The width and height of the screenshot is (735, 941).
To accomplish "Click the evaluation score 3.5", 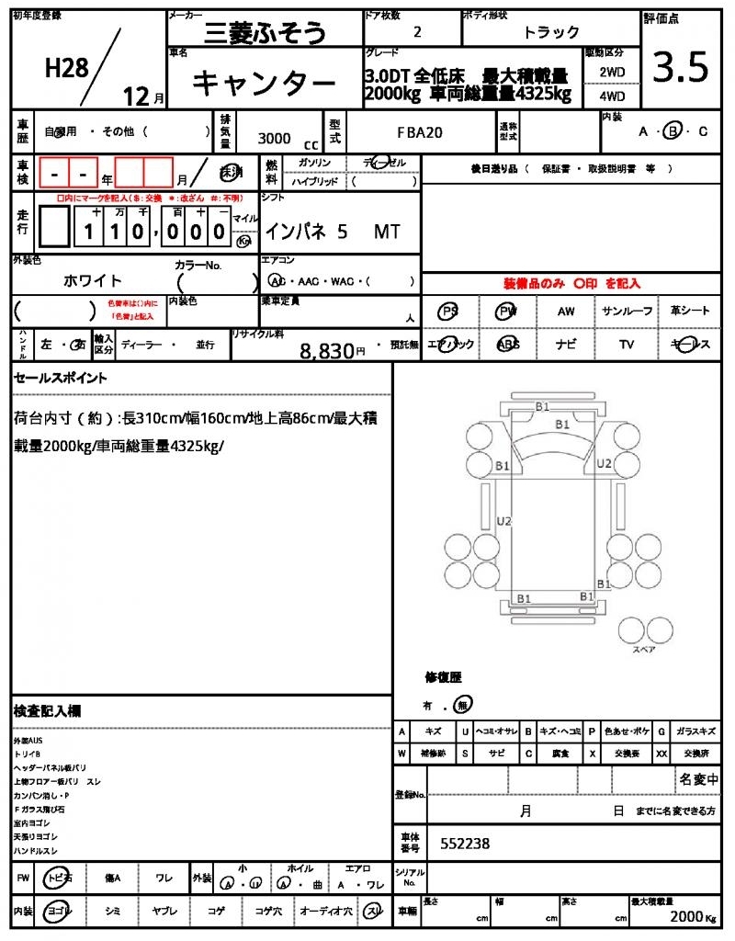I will (680, 68).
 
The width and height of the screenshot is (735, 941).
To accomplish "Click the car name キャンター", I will (264, 84).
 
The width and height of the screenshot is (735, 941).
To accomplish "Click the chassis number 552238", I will (465, 844).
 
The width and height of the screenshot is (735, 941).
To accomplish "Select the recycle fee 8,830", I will (327, 350).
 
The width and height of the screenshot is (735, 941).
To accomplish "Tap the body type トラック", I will (551, 32).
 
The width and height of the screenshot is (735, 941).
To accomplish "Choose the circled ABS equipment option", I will (507, 345).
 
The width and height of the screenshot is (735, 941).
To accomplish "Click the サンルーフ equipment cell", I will (627, 312).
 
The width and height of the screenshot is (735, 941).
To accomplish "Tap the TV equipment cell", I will (627, 345).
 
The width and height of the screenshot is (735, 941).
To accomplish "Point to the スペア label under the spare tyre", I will (643, 649).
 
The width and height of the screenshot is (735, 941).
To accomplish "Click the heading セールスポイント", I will (61, 378).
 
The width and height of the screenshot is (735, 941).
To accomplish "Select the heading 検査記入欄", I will (47, 710).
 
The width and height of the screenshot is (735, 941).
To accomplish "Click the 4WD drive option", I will (611, 96).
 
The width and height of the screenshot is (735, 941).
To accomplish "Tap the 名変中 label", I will (698, 779).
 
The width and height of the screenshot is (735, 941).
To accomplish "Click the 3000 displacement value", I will (274, 138).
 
